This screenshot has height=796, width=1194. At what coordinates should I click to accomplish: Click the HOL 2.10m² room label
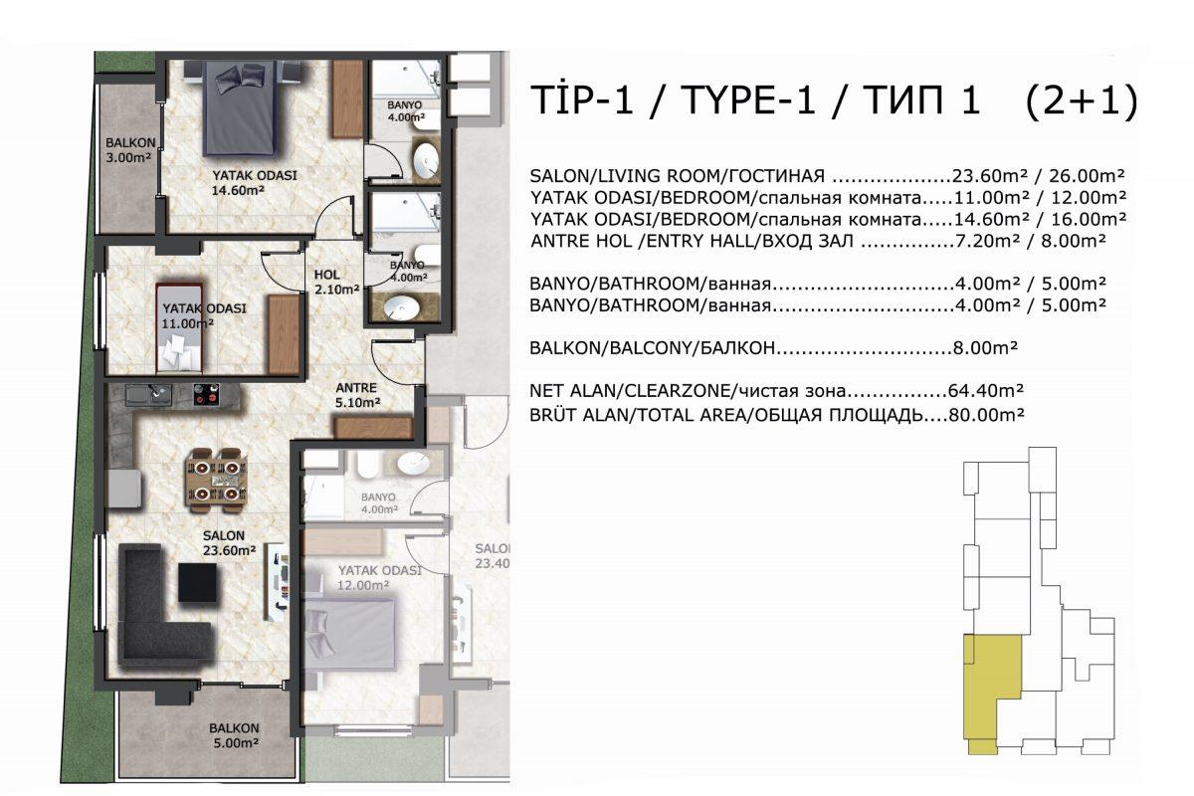point(336,282)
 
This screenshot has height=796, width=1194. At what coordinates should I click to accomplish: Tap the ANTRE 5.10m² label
point(357,395)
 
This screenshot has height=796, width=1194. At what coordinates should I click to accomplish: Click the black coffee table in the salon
point(198,582)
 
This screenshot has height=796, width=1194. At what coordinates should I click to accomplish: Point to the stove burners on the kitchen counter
point(206,395)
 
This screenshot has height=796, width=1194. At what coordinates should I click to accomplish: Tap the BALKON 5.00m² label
point(234,735)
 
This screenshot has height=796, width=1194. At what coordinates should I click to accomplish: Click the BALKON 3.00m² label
point(130,150)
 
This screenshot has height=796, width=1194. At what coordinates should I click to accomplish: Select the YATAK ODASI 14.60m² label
point(255,182)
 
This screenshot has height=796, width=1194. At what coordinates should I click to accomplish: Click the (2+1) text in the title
point(1081,100)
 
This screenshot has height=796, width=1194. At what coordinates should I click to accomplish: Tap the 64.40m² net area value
point(986,391)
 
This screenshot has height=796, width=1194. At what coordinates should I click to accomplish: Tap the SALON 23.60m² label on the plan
point(229,542)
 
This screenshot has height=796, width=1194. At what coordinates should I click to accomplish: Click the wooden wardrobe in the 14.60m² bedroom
point(347,99)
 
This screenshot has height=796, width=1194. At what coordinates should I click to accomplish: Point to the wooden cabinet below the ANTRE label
point(373,428)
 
